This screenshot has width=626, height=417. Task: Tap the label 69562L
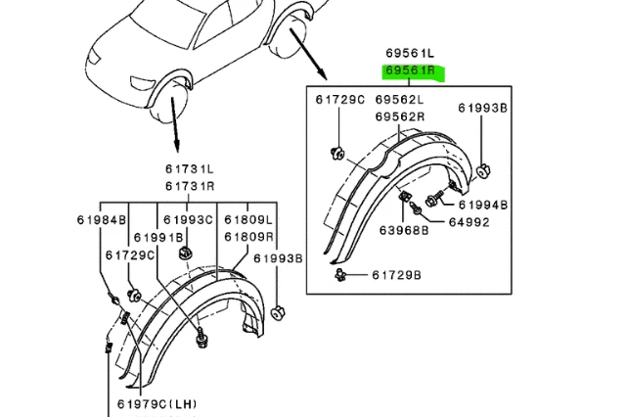coord(399,100)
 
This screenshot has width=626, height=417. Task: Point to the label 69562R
coord(399,116)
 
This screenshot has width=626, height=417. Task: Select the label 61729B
coord(396,276)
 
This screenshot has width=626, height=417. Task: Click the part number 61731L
coord(190,170)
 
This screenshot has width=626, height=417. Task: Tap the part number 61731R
coord(190,186)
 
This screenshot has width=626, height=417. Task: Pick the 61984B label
coord(103,219)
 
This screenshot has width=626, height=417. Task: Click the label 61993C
coord(188,219)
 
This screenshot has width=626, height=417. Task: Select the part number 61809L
coord(248,219)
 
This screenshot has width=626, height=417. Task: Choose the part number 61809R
coord(248,237)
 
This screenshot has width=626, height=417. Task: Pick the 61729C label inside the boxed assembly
coord(340,100)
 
